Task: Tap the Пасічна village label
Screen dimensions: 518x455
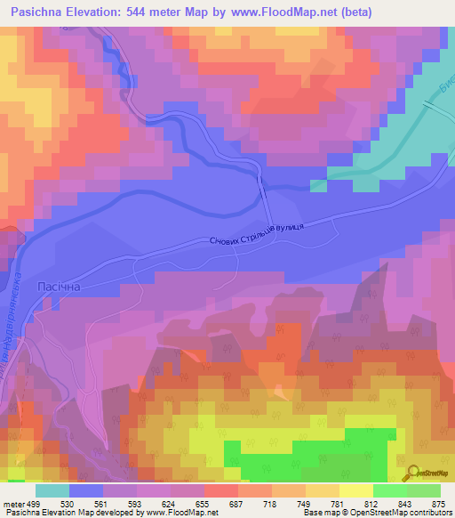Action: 60,287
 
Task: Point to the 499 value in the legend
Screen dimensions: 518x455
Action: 32,504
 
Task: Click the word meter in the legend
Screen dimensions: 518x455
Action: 12,504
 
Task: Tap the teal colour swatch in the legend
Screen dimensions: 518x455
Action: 52,490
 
